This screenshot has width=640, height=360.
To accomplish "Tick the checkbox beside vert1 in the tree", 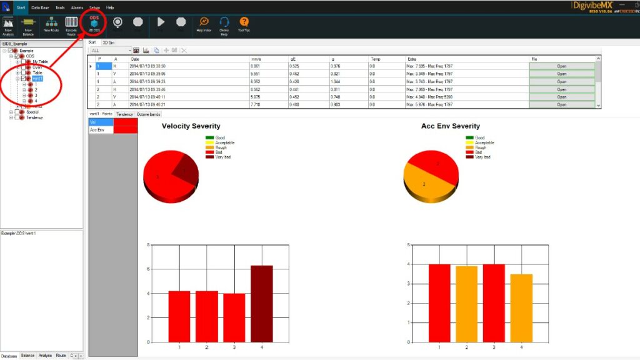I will [x=24, y=79].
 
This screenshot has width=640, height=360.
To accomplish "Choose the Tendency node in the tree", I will [x=34, y=117].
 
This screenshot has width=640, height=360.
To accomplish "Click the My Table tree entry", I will [x=40, y=62].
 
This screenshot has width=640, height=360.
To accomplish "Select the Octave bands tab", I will [x=149, y=114].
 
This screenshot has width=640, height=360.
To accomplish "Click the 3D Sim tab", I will [x=109, y=42].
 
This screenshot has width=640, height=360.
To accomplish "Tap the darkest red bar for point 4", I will [x=262, y=303].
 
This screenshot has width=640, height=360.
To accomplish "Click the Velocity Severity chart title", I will [x=191, y=126].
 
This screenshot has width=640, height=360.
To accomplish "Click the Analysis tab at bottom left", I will [x=45, y=355].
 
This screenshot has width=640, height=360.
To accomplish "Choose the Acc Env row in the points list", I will [x=100, y=130].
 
